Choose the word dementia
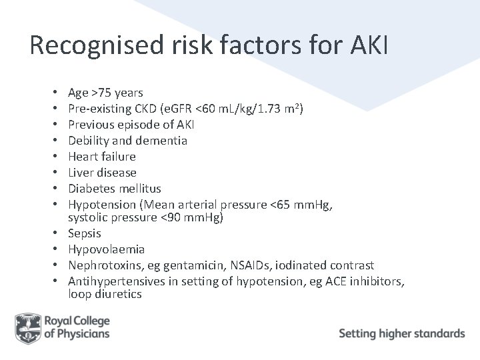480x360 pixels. (161, 141)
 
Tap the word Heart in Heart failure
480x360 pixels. (83, 157)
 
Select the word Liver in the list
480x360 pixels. (82, 173)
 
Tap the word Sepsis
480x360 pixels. (85, 233)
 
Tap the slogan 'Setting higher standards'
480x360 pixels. (402, 333)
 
